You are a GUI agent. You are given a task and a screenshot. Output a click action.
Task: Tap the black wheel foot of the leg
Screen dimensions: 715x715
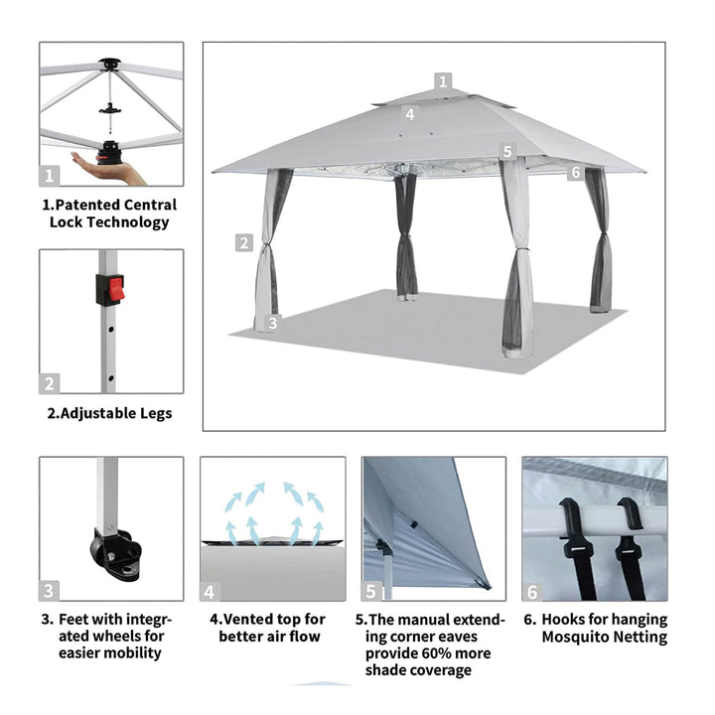[115, 553]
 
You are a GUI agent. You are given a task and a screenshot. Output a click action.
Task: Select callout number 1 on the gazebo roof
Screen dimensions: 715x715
[443, 81]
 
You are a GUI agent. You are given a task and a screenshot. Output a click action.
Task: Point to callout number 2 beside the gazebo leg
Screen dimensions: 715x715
[244, 242]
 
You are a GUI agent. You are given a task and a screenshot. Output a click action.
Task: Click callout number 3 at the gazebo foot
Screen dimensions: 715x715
[273, 323]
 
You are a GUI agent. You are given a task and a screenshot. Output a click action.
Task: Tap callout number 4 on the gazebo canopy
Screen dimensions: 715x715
[410, 114]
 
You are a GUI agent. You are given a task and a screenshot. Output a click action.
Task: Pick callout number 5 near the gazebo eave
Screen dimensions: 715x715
[507, 151]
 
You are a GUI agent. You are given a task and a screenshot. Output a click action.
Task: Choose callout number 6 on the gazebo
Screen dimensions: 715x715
[576, 172]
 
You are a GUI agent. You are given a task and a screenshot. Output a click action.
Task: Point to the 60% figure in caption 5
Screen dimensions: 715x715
[436, 653]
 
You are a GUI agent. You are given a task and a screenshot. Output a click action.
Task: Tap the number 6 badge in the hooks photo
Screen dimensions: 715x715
[532, 592]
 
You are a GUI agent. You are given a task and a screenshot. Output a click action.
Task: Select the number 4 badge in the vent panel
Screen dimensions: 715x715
[210, 592]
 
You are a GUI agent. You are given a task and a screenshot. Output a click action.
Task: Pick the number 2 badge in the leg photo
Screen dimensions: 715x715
[50, 383]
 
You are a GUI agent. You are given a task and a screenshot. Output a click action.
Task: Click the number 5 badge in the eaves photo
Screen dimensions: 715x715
[371, 591]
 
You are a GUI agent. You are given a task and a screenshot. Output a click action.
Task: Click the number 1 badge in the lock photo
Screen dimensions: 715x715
[50, 175]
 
